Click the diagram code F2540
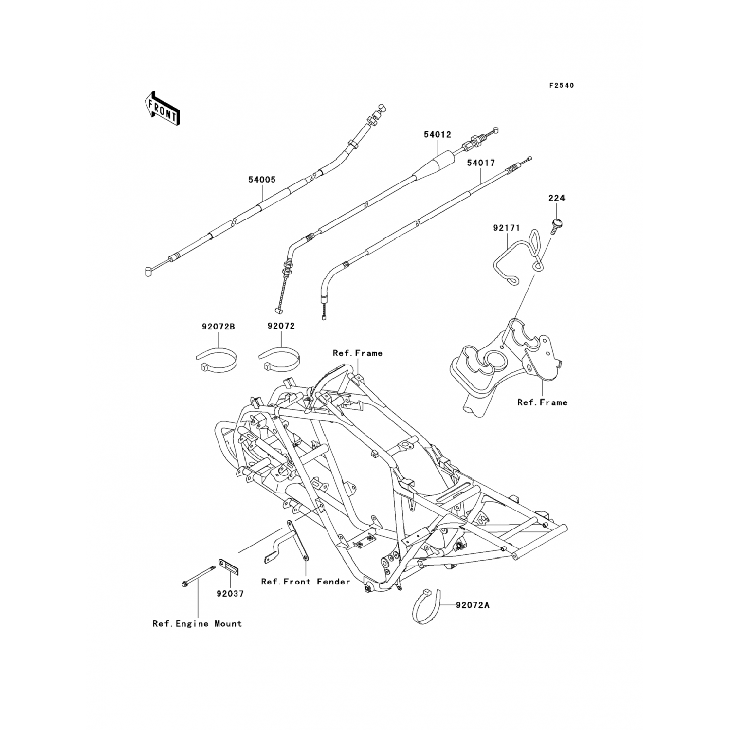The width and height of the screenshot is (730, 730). click(562, 86)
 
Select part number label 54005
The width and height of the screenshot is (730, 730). click(262, 180)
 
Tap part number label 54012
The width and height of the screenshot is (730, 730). click(437, 135)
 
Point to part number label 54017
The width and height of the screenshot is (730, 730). click(481, 163)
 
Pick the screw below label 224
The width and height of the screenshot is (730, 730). click(556, 225)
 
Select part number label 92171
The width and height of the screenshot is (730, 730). click(507, 228)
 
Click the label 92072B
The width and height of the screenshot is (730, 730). click(219, 327)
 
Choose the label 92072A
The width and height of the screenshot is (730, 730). click(473, 605)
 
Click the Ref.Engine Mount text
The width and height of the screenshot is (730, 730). click(197, 624)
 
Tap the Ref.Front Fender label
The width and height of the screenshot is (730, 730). click(306, 582)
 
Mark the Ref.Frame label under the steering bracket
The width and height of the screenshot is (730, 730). click(542, 402)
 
